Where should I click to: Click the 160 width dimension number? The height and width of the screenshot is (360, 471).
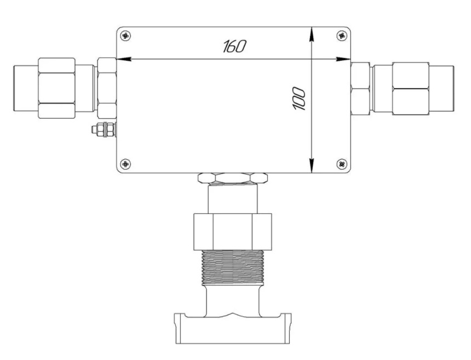[x=234, y=46]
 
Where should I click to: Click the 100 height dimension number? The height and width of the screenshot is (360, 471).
[x=299, y=98]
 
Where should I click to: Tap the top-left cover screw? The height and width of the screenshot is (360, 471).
[x=125, y=36]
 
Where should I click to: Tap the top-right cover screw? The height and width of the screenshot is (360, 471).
[x=342, y=36]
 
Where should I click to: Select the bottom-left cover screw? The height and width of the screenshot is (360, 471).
[x=125, y=164]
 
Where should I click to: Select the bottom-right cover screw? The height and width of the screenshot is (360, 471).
[x=342, y=164]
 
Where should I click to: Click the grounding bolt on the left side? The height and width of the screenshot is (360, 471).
[x=104, y=130]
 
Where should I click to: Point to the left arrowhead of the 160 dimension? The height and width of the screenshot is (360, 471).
[x=124, y=59]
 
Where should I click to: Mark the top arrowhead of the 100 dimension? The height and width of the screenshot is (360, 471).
[x=312, y=34]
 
